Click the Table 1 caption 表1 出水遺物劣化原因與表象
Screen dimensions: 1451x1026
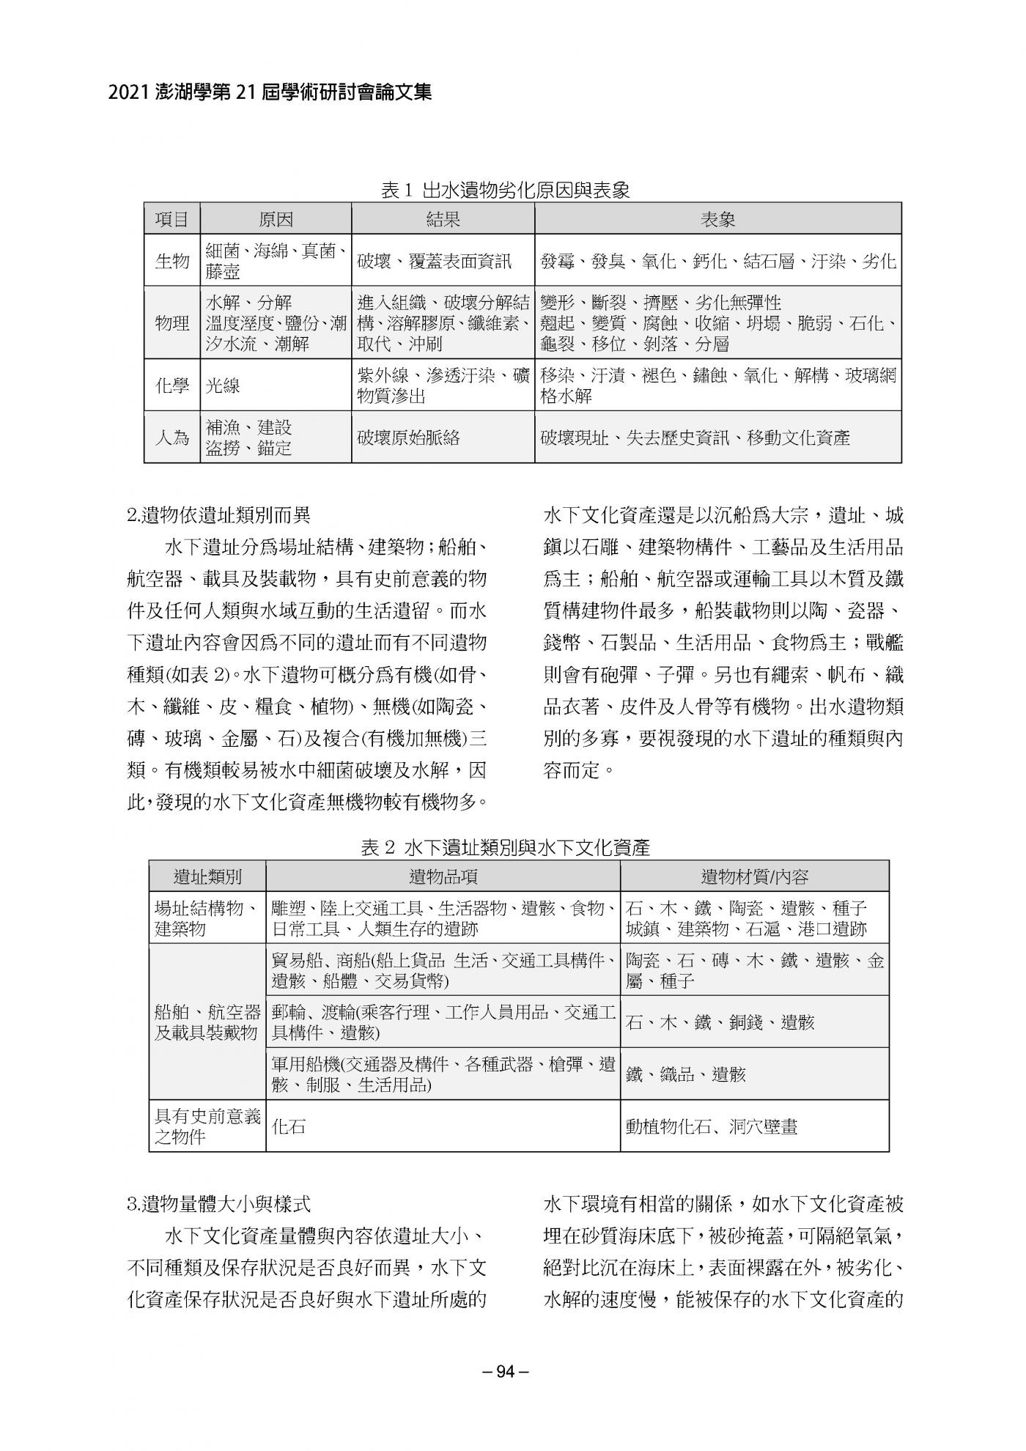[506, 191]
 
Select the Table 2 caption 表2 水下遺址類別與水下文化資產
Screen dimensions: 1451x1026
[506, 848]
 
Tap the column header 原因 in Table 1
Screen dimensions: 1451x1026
[276, 219]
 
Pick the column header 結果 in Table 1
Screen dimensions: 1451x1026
[443, 219]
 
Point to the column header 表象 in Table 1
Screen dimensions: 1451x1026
[717, 219]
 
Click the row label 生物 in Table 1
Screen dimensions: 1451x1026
[172, 261]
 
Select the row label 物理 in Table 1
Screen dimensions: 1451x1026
[172, 323]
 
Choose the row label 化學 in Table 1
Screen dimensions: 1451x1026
[172, 385]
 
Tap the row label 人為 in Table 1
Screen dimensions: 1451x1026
[172, 437]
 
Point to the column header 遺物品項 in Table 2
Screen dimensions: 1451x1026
[443, 876]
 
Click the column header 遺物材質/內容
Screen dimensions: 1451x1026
[754, 876]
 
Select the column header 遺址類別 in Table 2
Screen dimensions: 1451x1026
[207, 876]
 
